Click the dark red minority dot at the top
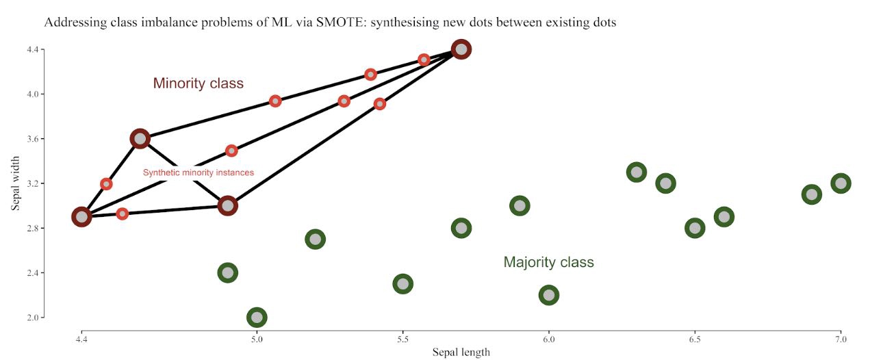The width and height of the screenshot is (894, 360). click(x=461, y=49)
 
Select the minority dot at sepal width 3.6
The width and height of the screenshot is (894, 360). click(x=140, y=139)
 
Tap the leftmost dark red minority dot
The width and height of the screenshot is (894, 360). click(x=82, y=217)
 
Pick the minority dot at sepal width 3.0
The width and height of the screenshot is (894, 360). click(x=228, y=205)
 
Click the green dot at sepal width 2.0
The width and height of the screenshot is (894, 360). click(x=257, y=317)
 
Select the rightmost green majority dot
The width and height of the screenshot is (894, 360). click(x=841, y=183)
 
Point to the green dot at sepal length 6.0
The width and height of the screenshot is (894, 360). click(x=548, y=295)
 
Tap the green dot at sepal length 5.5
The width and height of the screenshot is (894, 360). click(x=403, y=283)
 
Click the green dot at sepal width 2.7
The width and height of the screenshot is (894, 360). click(x=315, y=240)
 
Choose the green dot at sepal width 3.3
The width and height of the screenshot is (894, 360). click(x=637, y=172)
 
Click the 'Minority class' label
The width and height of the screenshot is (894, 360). click(x=198, y=83)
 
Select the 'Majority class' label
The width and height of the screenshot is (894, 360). click(x=548, y=262)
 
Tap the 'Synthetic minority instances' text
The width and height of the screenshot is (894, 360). click(x=198, y=172)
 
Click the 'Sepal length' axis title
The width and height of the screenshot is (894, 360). click(x=461, y=352)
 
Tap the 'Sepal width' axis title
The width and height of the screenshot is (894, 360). click(x=15, y=183)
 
